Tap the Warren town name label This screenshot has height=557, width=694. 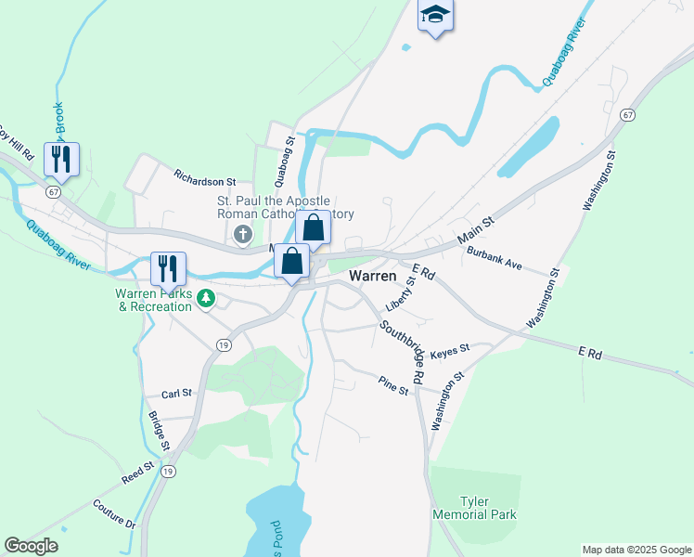pos(373,277)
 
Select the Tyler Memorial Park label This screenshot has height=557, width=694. pos(474,507)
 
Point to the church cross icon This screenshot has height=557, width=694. pos(243,234)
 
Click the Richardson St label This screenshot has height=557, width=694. pos(206,175)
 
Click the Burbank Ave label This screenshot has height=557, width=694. pos(495,257)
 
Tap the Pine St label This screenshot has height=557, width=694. pos(393,384)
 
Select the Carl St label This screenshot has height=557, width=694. pos(175,393)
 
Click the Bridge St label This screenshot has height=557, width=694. pos(159,431)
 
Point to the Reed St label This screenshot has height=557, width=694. pos(136,473)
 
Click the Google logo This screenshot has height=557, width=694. pos(31,546)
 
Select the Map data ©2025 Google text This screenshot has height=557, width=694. pos(636,550)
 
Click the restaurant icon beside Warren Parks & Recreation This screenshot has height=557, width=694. pos(169,268)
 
